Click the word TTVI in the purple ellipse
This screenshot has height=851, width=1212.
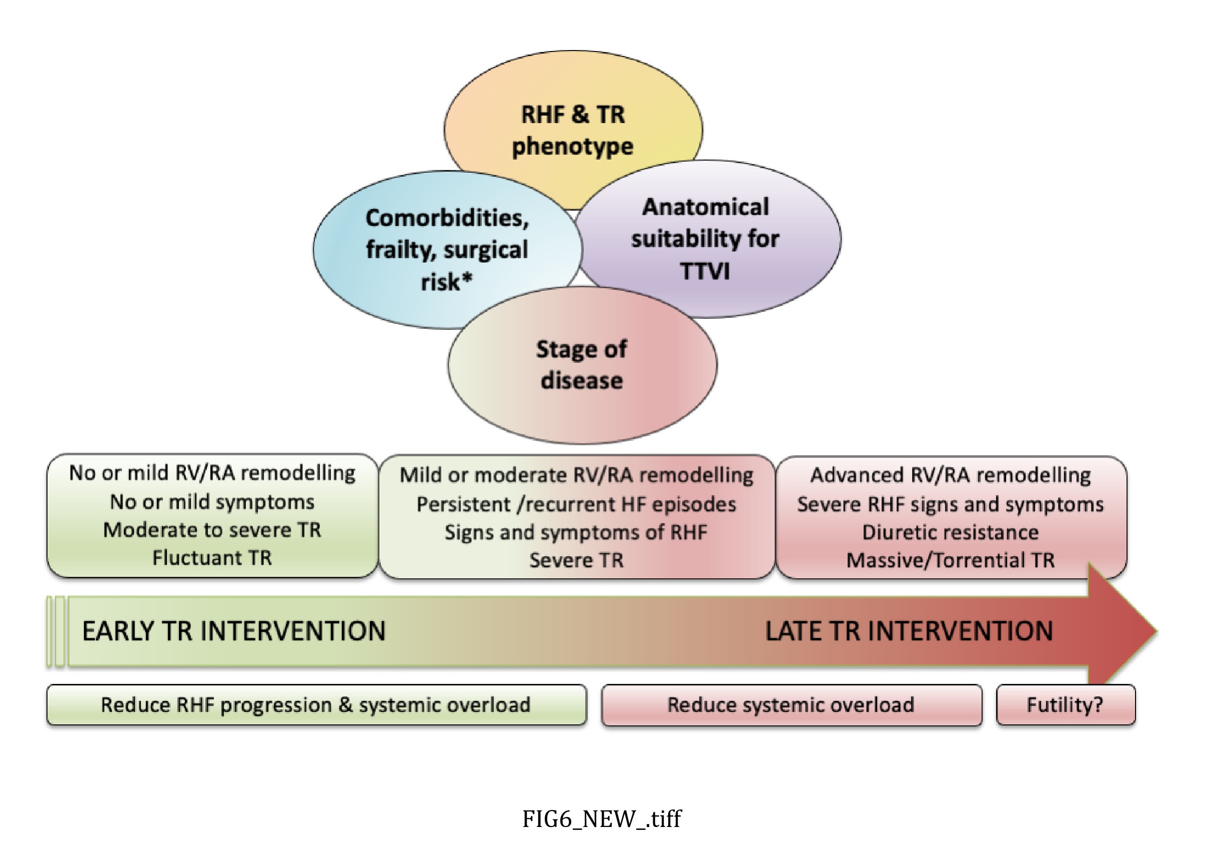705,272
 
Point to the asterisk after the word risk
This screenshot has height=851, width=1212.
467,278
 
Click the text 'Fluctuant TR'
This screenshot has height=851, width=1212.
212,558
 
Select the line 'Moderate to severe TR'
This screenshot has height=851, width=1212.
212,530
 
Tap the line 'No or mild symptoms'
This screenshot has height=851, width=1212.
212,502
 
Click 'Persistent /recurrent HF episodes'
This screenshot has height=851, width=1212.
576,504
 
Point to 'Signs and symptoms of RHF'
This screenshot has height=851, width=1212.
576,532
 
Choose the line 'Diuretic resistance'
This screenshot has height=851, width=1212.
950,532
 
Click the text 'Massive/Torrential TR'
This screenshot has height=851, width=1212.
950,560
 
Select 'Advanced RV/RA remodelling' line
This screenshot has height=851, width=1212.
950,475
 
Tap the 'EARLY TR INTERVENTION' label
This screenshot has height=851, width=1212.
234,631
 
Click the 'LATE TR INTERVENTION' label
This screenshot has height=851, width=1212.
909,631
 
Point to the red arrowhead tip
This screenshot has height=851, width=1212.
1157,631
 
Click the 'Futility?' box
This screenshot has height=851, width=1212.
1065,705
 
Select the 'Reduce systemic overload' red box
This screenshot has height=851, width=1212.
791,705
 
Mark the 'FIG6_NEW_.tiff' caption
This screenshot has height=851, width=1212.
602,819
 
